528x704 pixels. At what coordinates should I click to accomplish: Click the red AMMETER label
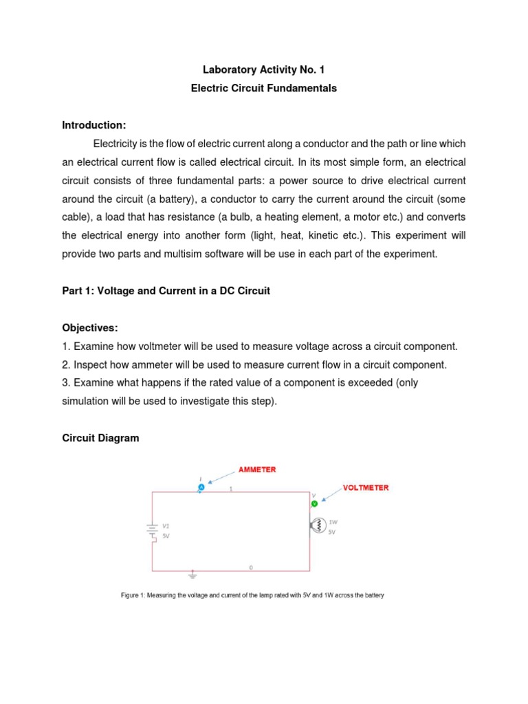[257, 470]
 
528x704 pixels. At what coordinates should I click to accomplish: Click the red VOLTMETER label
[366, 487]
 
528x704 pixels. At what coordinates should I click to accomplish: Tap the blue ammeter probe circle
[201, 487]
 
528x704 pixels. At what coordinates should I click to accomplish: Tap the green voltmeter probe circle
[314, 503]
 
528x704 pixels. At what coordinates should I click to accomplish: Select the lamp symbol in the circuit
[317, 526]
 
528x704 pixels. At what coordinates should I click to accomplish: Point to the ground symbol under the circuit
[192, 573]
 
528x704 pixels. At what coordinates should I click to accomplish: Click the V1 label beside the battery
[166, 525]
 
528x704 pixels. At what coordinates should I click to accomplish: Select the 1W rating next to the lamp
[332, 521]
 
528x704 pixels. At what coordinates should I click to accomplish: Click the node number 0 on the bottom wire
[250, 567]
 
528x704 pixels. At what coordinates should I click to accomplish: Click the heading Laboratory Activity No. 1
[263, 69]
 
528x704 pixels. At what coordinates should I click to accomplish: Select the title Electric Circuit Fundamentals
[263, 88]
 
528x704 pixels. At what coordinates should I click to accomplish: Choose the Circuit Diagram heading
[100, 438]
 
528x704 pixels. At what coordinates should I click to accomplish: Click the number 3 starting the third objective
[65, 383]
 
